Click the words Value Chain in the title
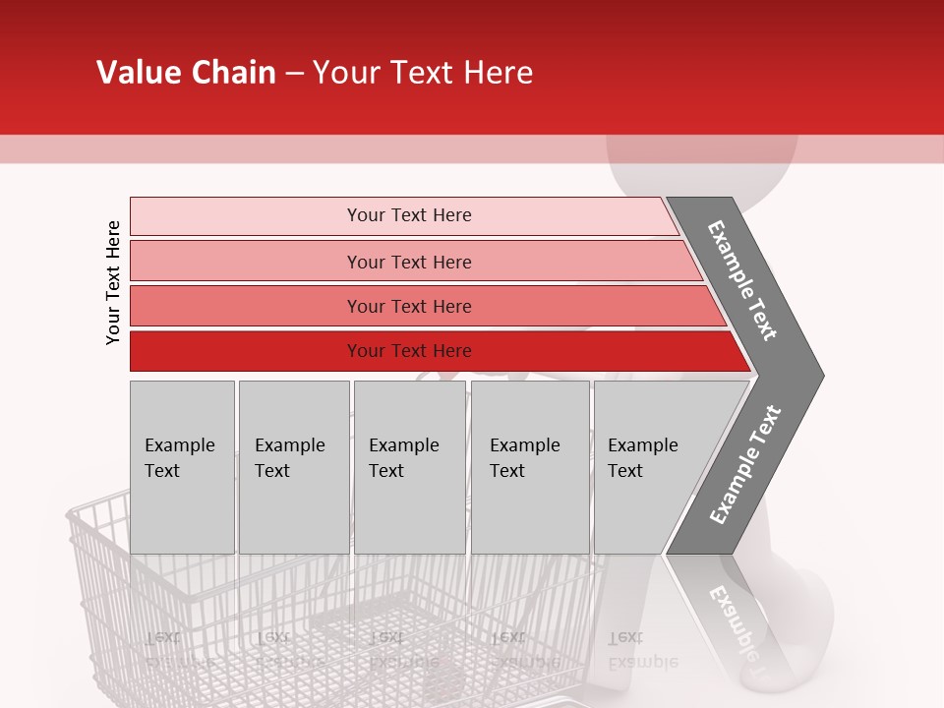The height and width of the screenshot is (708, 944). click(x=186, y=73)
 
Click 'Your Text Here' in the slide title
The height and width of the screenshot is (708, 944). click(x=423, y=73)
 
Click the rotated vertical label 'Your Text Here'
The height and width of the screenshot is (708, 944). click(x=113, y=283)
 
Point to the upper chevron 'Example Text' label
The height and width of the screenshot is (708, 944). click(x=742, y=280)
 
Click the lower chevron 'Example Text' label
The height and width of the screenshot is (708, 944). click(x=744, y=465)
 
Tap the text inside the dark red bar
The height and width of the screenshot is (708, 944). click(x=409, y=351)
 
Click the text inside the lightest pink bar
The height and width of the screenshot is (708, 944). click(x=409, y=215)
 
